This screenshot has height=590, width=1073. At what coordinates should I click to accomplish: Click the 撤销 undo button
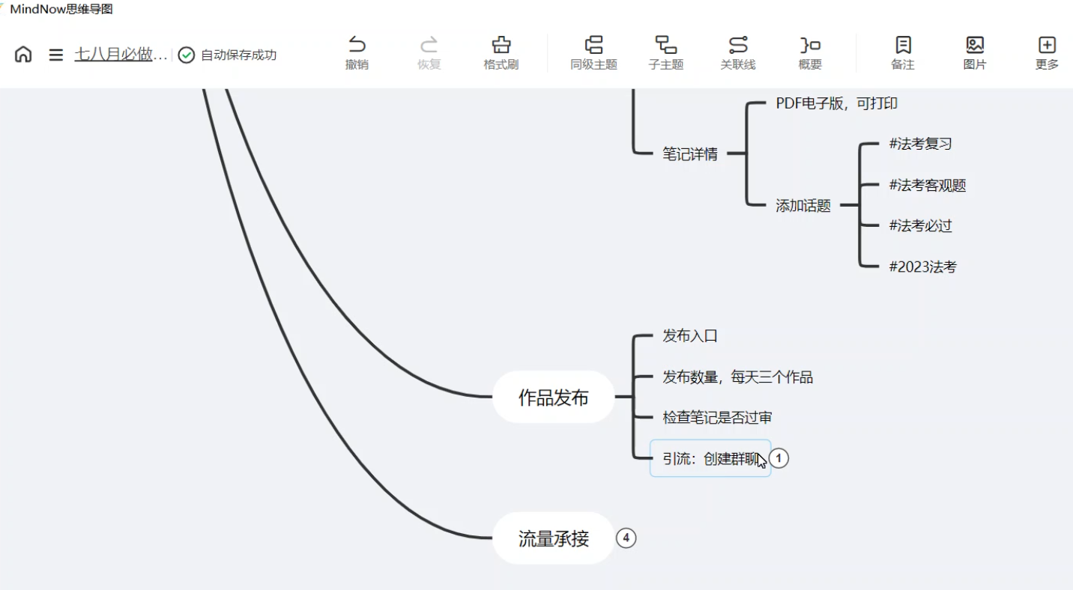357,53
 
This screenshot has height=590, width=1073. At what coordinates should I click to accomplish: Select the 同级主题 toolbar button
593,53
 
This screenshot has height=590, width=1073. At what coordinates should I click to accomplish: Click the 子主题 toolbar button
665,53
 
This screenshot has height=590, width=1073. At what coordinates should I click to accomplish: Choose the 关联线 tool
738,53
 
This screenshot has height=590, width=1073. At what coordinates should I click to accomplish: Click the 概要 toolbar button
810,53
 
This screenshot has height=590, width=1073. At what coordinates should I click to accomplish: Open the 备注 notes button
903,53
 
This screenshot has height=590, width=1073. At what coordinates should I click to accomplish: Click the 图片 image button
975,53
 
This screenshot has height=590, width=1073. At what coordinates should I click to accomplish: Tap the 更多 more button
1047,53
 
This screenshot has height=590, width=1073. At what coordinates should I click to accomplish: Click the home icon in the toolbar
23,55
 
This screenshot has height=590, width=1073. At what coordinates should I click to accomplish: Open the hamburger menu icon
55,55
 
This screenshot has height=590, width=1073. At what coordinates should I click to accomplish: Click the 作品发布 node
553,398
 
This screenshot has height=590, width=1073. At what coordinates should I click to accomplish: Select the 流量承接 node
553,538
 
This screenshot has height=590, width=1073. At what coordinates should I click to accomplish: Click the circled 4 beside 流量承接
626,538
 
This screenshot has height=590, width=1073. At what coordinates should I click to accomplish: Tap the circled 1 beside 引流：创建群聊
779,458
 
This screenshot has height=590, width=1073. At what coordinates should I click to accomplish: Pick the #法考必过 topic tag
920,226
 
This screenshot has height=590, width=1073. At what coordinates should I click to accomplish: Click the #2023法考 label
922,267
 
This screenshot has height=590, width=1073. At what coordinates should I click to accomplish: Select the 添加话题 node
803,206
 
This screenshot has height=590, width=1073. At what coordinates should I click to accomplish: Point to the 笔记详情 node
689,154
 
